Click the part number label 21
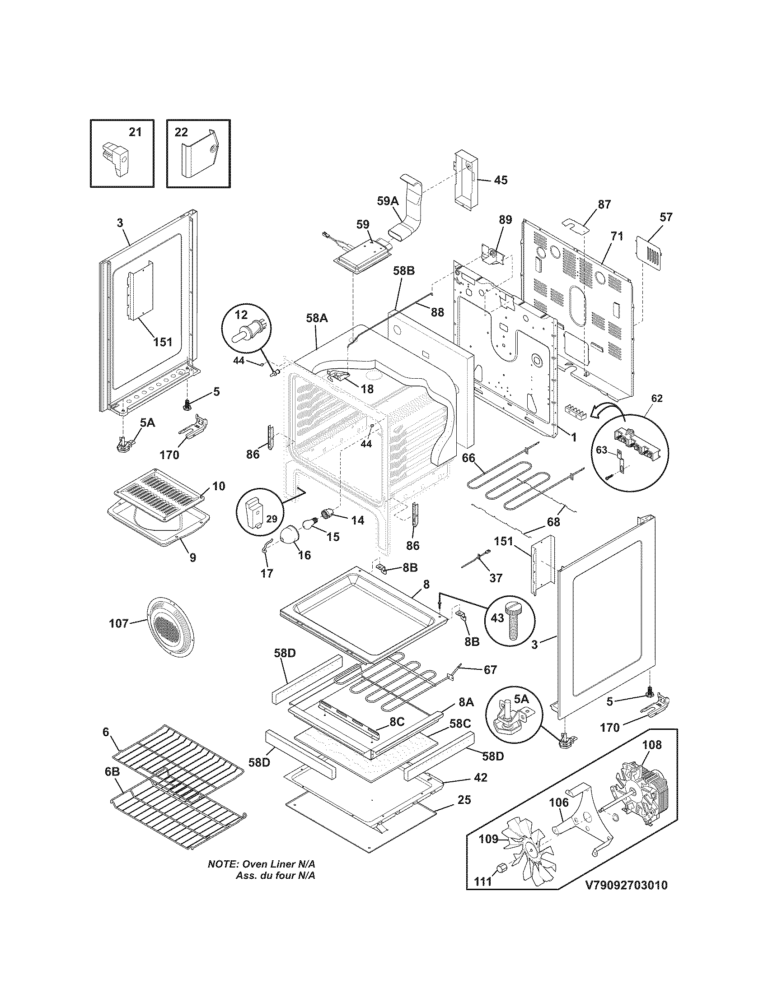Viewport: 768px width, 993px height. pyautogui.click(x=135, y=132)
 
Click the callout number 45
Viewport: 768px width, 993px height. pyautogui.click(x=501, y=180)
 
